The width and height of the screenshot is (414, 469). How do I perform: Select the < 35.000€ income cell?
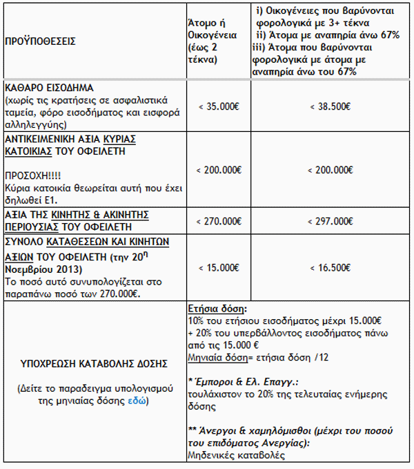pos(219,107)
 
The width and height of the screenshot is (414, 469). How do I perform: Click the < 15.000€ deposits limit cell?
pos(219,267)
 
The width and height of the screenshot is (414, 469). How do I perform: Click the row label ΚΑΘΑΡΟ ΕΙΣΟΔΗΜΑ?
pos(48,89)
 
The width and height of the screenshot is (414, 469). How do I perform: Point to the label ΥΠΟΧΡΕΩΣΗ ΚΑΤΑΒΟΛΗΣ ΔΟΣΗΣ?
pos(90,361)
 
